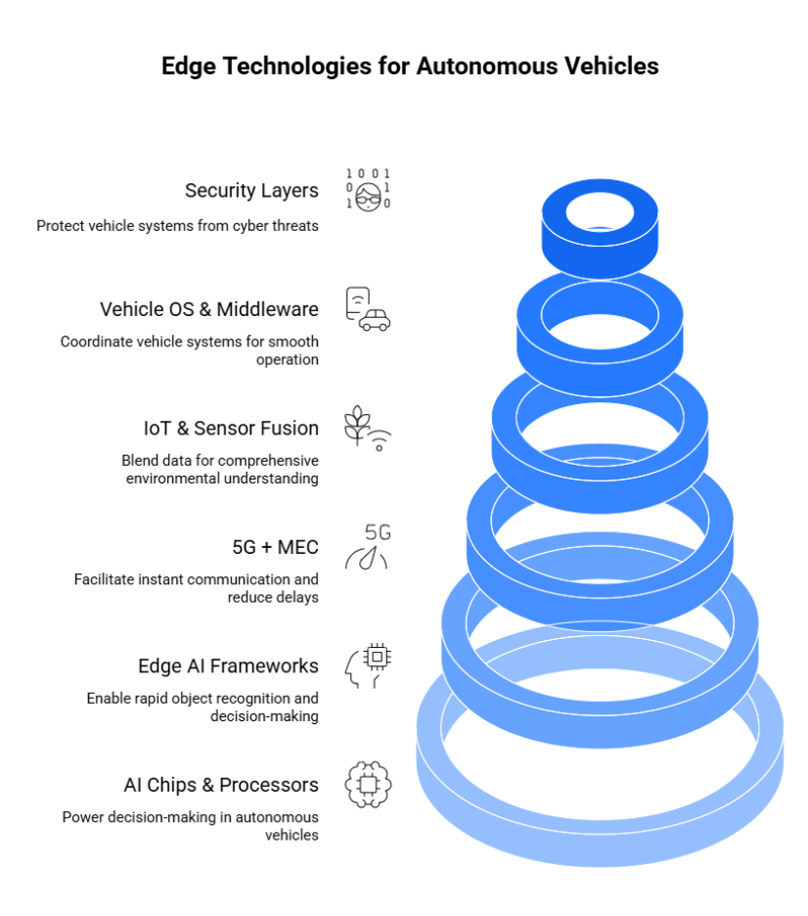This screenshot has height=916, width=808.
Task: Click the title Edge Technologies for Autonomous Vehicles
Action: [x=409, y=66]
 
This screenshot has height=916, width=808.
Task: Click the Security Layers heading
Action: [x=251, y=190]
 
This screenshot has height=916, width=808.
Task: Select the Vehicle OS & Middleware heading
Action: [x=209, y=309]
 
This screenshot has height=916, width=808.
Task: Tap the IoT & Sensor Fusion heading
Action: [x=231, y=428]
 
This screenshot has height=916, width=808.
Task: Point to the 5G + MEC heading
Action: [x=275, y=546]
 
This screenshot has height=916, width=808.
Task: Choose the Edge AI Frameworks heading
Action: [x=228, y=665]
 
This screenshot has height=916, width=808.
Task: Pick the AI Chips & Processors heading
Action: [x=221, y=785]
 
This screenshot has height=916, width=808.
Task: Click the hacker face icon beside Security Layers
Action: [x=368, y=190]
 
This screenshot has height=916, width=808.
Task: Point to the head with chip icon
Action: [x=368, y=665]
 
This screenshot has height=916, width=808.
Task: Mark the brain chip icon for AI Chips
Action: [x=368, y=785]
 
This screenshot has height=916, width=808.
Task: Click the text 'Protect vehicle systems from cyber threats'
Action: [x=178, y=225]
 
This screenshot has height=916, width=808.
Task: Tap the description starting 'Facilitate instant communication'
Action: [x=197, y=588]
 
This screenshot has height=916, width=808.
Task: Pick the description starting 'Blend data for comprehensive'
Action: [x=220, y=469]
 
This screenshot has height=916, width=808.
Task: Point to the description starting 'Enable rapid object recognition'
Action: [x=202, y=707]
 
